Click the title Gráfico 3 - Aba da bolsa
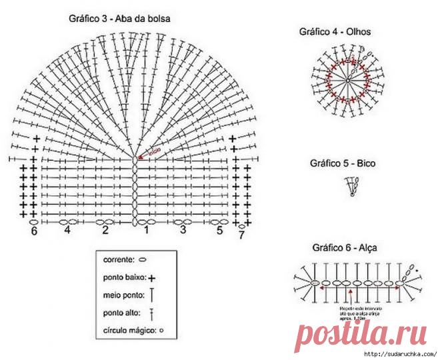[119, 19]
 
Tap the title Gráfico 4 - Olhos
[335, 31]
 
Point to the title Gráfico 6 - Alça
[344, 247]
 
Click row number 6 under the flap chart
[34, 231]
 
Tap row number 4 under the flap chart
[67, 230]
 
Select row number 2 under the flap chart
[105, 230]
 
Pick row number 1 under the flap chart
[145, 230]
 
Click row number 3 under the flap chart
[183, 230]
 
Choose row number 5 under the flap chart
[219, 230]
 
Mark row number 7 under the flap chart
[241, 235]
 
